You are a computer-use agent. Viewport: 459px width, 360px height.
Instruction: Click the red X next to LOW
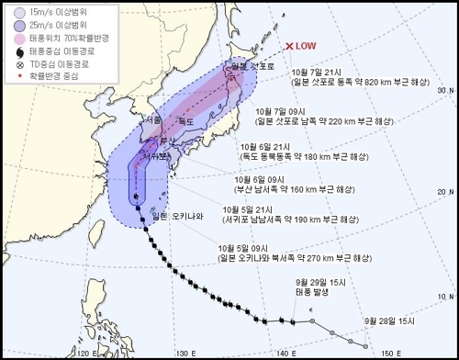[289, 46]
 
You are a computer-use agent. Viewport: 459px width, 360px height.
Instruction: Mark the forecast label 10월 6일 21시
[266, 145]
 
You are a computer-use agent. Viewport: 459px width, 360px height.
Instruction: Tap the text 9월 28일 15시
[388, 320]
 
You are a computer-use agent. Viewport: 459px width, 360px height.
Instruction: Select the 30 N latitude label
[445, 90]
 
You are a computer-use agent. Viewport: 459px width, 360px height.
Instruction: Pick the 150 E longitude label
[386, 352]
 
